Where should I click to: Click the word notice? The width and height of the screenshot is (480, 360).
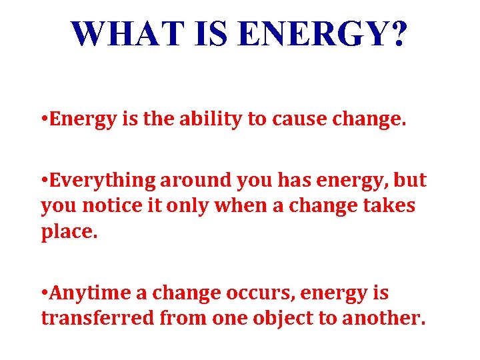point(107,206)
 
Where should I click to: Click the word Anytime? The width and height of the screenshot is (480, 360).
point(93,293)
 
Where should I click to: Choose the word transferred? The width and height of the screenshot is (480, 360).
point(96,317)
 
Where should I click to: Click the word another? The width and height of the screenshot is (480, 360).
point(383,317)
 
